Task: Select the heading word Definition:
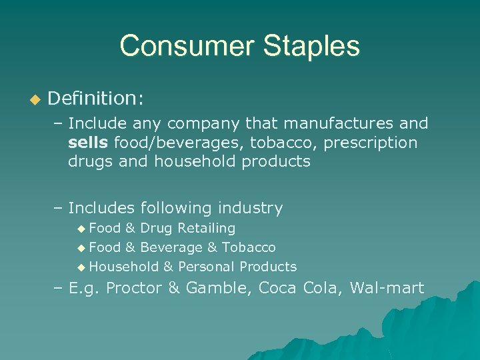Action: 95,99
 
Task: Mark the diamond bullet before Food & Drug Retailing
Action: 81,229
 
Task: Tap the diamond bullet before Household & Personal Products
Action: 81,267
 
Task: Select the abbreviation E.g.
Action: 85,288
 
